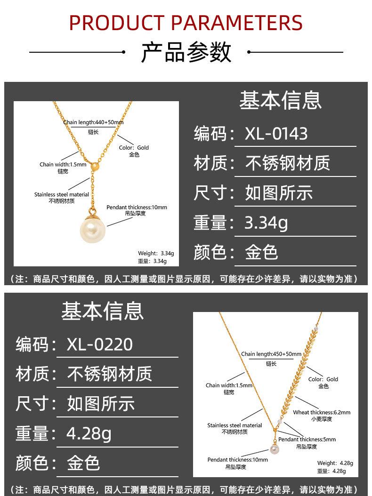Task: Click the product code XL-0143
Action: [276, 134]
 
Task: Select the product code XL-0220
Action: [99, 344]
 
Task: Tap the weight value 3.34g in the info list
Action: [266, 223]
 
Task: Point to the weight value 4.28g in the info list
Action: [89, 433]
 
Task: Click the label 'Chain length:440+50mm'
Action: [93, 122]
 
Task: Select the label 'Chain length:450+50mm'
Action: [271, 354]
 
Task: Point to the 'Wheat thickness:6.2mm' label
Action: [322, 412]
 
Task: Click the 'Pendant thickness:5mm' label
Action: [307, 440]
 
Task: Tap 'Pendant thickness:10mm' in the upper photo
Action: [137, 207]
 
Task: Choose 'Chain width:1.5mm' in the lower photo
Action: [229, 385]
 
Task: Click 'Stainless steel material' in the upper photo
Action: [62, 194]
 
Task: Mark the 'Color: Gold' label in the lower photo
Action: [323, 379]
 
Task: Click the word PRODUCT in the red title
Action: [116, 23]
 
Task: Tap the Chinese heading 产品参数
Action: [186, 52]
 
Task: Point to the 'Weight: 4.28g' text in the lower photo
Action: [335, 463]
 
